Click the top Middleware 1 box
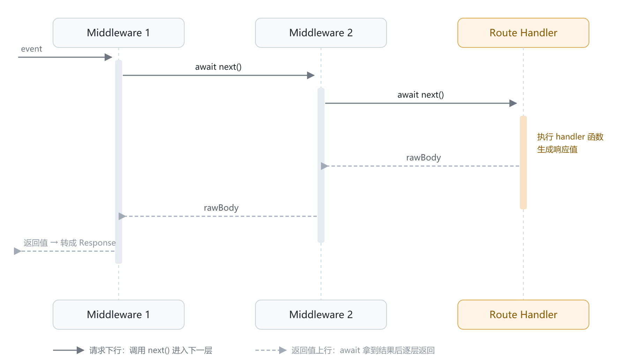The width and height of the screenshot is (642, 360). (x=119, y=33)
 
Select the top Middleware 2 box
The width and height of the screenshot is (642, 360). (x=321, y=33)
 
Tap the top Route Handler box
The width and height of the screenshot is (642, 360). (x=523, y=33)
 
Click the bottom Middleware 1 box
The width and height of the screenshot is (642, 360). (x=119, y=315)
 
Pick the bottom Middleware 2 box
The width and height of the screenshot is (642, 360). (x=321, y=315)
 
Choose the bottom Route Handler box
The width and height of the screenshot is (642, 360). (x=523, y=315)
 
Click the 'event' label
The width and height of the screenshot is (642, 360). (x=31, y=49)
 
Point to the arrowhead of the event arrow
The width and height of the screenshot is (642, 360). (x=109, y=57)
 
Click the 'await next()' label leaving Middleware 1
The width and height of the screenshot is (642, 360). (x=218, y=67)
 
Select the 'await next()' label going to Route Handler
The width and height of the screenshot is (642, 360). (x=421, y=95)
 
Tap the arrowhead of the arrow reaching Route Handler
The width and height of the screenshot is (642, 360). (x=513, y=103)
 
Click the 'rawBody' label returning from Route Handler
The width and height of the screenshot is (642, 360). (x=424, y=158)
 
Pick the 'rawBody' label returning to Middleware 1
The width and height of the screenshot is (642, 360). (x=221, y=208)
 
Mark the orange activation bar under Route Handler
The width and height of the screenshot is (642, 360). (x=523, y=163)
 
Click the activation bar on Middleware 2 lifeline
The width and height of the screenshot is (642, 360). (x=321, y=165)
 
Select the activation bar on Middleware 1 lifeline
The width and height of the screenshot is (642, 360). (x=119, y=162)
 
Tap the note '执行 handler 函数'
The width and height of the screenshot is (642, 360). (x=570, y=137)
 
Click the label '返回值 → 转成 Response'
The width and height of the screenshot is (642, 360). (x=69, y=243)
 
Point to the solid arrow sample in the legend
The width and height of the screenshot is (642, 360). (x=69, y=350)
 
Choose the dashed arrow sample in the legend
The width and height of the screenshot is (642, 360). (x=271, y=350)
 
